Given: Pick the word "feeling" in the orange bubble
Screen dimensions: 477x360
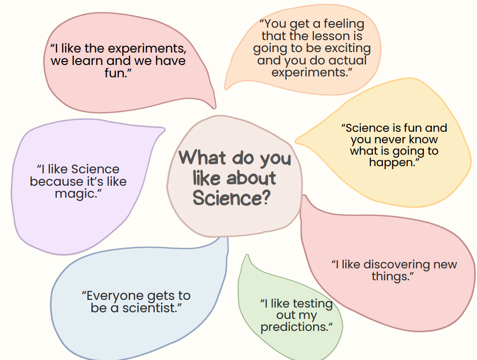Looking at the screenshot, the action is click(344, 24).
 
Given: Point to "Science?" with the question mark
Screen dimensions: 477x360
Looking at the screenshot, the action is click(232, 198).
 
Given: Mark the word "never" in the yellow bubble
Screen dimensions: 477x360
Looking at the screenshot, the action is click(390, 139).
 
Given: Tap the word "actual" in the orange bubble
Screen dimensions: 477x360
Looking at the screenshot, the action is click(348, 60).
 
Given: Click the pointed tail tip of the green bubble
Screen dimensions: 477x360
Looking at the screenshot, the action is click(247, 255).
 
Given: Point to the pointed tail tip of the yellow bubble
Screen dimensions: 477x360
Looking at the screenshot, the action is click(296, 140).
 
